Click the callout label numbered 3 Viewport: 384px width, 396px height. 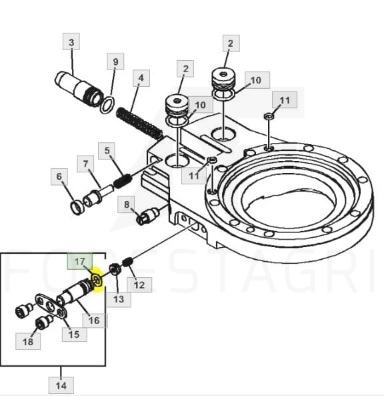click(x=71, y=41)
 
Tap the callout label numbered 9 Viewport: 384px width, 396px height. click(x=115, y=61)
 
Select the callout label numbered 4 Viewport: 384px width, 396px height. click(x=141, y=77)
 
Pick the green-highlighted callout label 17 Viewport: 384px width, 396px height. click(x=80, y=261)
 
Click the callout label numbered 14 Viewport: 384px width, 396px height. click(x=61, y=385)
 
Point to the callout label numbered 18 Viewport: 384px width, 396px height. click(x=28, y=341)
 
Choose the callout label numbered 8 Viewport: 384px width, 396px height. click(x=126, y=204)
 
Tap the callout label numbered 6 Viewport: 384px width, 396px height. click(x=59, y=176)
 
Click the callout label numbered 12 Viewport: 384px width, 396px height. click(x=139, y=284)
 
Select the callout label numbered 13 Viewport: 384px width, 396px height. click(x=119, y=299)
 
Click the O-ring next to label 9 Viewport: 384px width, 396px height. click(x=107, y=105)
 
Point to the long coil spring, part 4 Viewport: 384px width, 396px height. click(x=139, y=124)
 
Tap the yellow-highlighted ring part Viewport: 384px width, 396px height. click(x=97, y=280)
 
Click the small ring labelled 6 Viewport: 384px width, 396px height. click(x=77, y=207)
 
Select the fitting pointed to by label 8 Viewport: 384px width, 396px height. click(x=148, y=216)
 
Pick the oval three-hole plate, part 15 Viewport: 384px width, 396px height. click(x=51, y=306)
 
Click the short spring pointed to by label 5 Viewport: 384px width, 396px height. click(x=123, y=181)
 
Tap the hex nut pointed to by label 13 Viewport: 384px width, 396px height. click(x=115, y=269)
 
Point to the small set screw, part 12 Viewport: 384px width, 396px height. click(x=127, y=262)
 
